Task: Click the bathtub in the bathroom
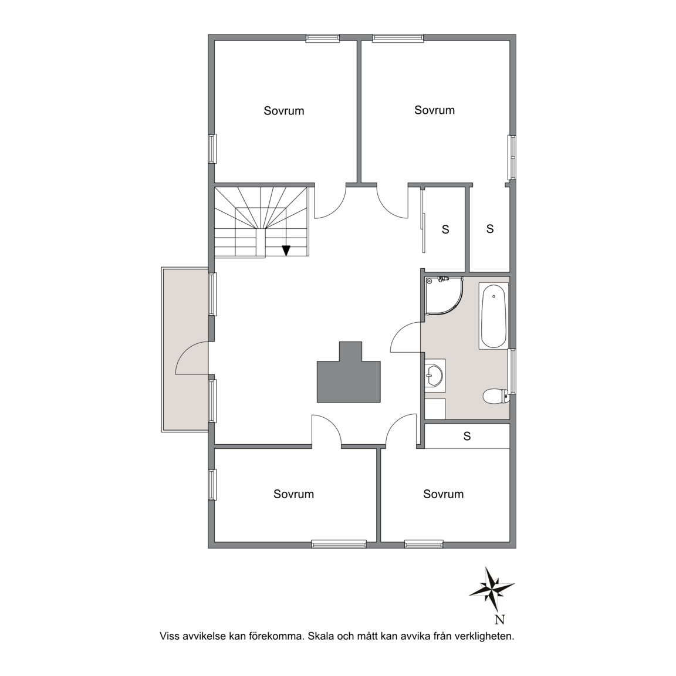pos(493,316)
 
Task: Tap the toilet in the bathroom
pos(496,396)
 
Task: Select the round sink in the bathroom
pos(433,375)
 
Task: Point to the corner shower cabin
pos(444,295)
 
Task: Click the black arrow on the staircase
pos(286,251)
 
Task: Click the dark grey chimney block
pos(349,373)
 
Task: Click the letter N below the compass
pos(500,620)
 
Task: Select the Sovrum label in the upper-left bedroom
pos(283,111)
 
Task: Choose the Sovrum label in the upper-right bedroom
pos(435,110)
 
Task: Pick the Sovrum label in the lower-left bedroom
pos(293,494)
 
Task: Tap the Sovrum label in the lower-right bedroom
pos(443,494)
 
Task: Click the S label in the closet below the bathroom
pos(467,437)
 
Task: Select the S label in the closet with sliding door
pos(445,229)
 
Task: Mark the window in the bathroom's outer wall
pos(513,371)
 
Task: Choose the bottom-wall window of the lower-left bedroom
pos(339,545)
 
